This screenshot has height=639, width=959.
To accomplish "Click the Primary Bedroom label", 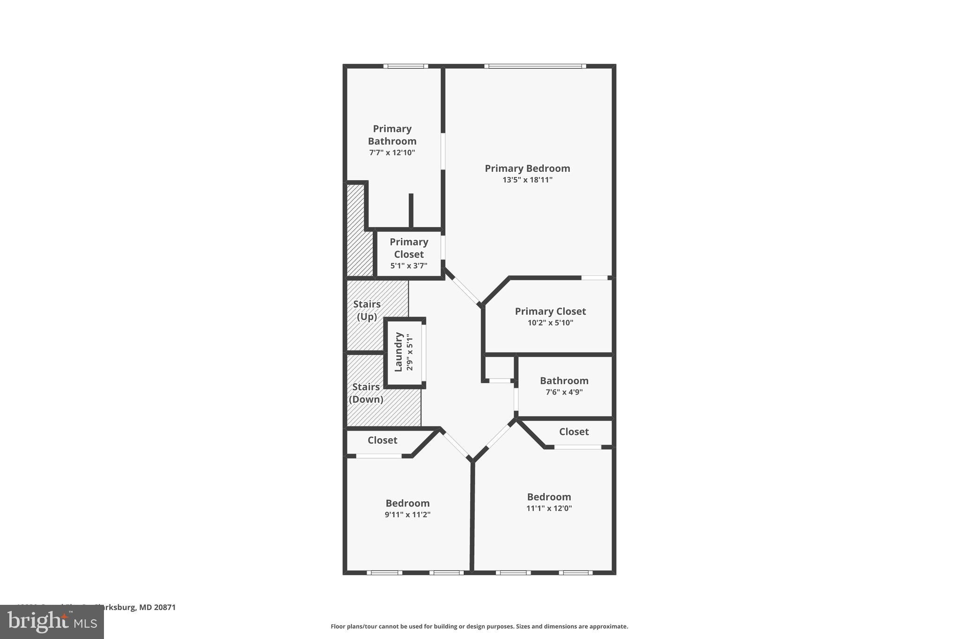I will [x=527, y=169].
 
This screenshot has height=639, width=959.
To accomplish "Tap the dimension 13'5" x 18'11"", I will [x=527, y=180].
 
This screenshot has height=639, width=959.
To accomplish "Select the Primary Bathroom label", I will [x=392, y=135].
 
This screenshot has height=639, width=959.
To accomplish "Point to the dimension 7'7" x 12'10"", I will [x=392, y=153].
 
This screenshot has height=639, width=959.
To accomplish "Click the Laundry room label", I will [x=398, y=352].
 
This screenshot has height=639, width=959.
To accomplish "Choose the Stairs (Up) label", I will [x=367, y=310].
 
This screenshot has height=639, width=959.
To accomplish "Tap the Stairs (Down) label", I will [x=366, y=393].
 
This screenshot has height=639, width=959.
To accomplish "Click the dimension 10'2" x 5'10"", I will [x=550, y=323].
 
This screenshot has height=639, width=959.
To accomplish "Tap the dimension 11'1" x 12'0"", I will [x=549, y=508].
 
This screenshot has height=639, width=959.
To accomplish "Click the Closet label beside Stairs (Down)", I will [x=382, y=441].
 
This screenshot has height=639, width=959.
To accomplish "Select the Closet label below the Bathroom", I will [x=574, y=432].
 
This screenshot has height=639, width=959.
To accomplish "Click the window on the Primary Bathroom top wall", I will [x=406, y=66].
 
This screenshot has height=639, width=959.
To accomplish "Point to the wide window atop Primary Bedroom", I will [x=535, y=66].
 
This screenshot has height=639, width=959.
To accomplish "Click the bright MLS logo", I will [x=52, y=622].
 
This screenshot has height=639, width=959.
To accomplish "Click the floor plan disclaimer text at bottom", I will [x=479, y=626].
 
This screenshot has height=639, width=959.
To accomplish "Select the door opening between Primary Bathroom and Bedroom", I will [x=443, y=151].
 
